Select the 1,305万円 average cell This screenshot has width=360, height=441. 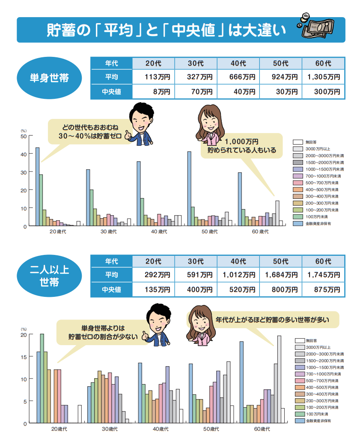coord(323,77)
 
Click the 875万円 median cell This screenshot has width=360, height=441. coord(323,290)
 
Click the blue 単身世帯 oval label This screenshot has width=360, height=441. coord(50,79)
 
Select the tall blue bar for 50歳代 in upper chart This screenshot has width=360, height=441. coord(189,188)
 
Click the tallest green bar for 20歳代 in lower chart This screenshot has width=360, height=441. coord(42,378)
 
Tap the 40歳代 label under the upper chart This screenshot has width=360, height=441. coord(159,231)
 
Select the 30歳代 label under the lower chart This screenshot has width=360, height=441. coord(110,429)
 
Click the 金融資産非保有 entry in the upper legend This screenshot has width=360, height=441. coord(318,223)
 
